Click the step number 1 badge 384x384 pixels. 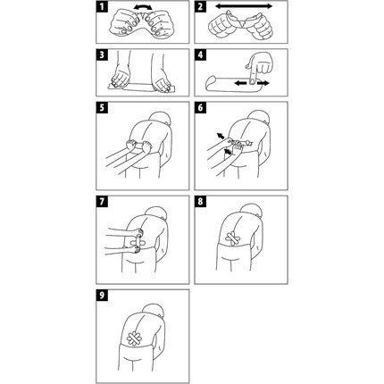pyautogui.click(x=102, y=6)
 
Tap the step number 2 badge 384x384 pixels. pyautogui.click(x=200, y=6)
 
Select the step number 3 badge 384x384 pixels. pyautogui.click(x=102, y=55)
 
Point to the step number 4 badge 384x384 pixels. pyautogui.click(x=200, y=55)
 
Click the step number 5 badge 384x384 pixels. pyautogui.click(x=102, y=108)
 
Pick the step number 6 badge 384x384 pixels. pyautogui.click(x=200, y=108)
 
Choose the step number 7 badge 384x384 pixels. pyautogui.click(x=102, y=202)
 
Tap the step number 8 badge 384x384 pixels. pyautogui.click(x=200, y=202)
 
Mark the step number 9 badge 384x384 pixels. pyautogui.click(x=102, y=296)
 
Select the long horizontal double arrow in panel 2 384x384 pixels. pyautogui.click(x=244, y=6)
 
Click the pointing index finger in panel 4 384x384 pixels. pyautogui.click(x=253, y=74)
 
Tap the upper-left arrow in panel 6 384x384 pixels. pyautogui.click(x=221, y=136)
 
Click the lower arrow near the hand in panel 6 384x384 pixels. pyautogui.click(x=228, y=152)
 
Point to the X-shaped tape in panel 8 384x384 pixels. pyautogui.click(x=233, y=238)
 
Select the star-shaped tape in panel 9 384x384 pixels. pyautogui.click(x=134, y=338)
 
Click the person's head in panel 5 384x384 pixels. pyautogui.click(x=162, y=118)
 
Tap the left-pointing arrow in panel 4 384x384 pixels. pyautogui.click(x=240, y=84)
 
